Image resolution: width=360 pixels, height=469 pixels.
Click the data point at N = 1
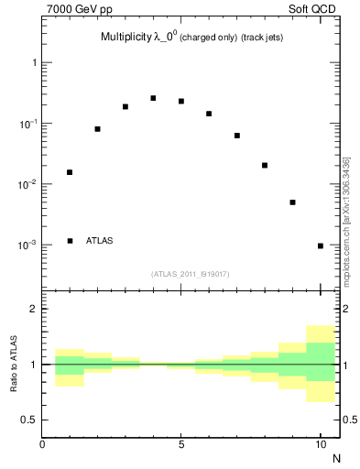click(70, 172)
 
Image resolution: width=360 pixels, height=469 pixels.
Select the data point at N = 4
click(153, 98)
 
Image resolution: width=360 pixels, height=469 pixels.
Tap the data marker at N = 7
click(237, 136)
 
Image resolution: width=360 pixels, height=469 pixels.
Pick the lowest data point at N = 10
click(321, 245)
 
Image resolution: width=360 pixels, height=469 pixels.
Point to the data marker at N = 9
click(292, 202)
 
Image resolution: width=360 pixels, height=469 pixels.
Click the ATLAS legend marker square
click(70, 241)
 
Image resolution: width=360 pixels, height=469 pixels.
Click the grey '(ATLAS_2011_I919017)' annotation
click(191, 274)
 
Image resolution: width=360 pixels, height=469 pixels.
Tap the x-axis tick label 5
click(181, 444)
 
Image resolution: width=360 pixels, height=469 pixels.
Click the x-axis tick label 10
click(321, 444)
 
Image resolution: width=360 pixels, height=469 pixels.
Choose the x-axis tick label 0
click(42, 444)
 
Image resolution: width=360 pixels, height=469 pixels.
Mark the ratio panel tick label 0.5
click(28, 420)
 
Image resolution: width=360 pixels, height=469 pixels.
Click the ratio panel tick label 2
click(33, 309)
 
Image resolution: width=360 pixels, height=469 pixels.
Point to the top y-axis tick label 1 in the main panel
click(33, 63)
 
